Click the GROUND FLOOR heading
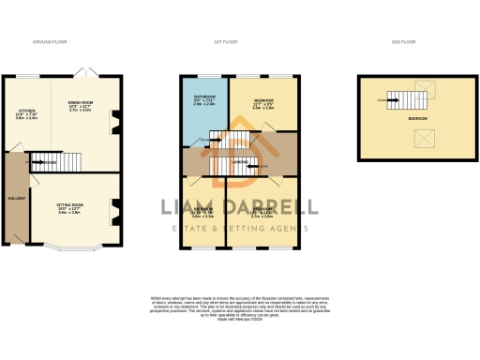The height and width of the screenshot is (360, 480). [48, 43]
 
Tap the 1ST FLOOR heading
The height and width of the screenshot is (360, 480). [222, 43]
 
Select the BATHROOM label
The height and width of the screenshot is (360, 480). [205, 99]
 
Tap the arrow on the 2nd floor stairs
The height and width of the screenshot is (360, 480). [383, 98]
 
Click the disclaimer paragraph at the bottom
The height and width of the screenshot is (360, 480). [239, 308]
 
